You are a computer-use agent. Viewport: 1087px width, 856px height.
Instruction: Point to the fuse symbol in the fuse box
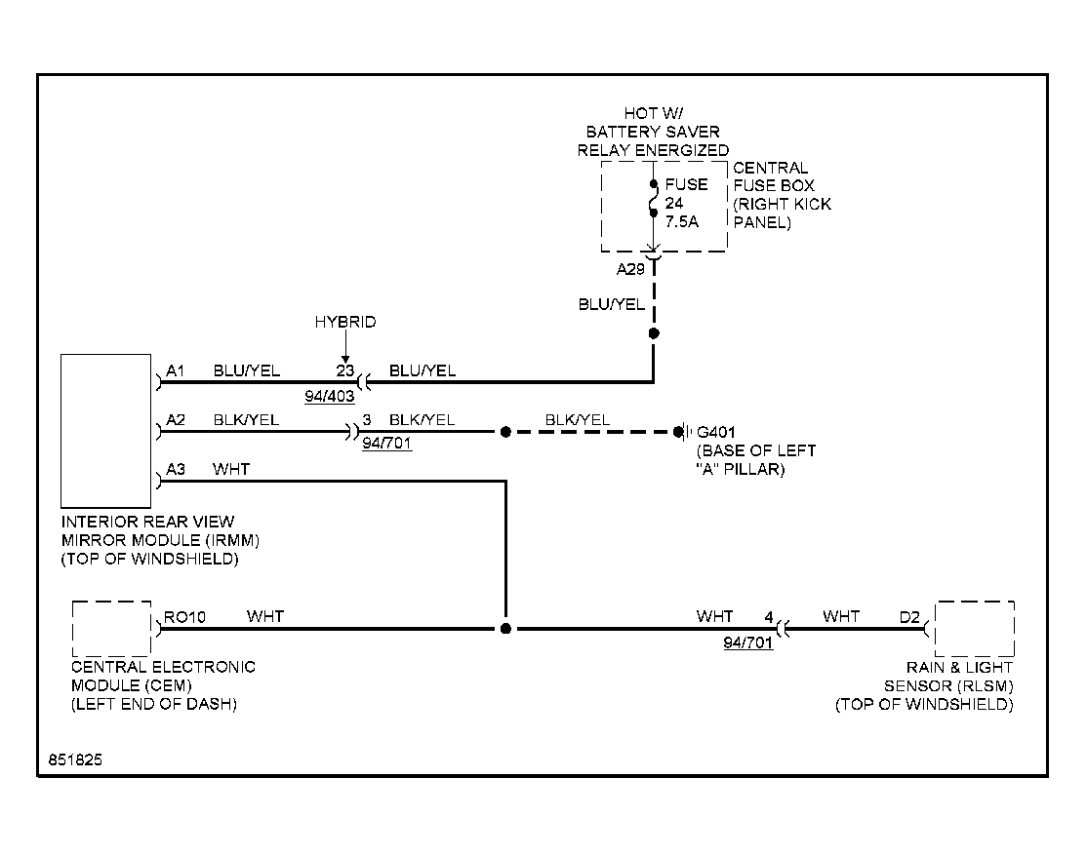point(653,199)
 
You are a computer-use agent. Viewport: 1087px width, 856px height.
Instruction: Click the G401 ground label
point(715,432)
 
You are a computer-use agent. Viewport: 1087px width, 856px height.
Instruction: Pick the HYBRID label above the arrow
point(345,322)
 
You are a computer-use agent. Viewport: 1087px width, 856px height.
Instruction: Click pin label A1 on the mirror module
point(176,370)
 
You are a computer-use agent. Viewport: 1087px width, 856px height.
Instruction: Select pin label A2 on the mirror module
point(176,419)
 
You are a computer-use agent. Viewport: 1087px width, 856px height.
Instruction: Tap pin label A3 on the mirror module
point(176,469)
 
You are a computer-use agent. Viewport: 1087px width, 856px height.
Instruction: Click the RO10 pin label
point(184,617)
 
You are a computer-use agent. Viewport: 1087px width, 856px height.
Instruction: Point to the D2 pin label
point(909,617)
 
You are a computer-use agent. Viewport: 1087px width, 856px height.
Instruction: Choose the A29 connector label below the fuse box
point(631,269)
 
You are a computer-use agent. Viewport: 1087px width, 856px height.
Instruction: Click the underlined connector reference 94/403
point(329,397)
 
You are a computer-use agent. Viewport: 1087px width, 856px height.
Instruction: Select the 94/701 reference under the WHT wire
point(748,642)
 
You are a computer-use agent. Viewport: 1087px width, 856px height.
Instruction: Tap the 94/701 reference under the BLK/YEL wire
point(386,444)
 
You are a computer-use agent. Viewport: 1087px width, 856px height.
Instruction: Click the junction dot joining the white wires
point(506,628)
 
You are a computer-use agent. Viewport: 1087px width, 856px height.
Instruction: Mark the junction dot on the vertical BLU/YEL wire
point(654,333)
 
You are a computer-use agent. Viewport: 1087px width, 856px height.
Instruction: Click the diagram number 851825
point(75,759)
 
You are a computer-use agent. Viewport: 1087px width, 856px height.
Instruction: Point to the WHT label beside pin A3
point(231,469)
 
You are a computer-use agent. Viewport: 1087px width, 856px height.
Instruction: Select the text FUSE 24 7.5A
point(686,203)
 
